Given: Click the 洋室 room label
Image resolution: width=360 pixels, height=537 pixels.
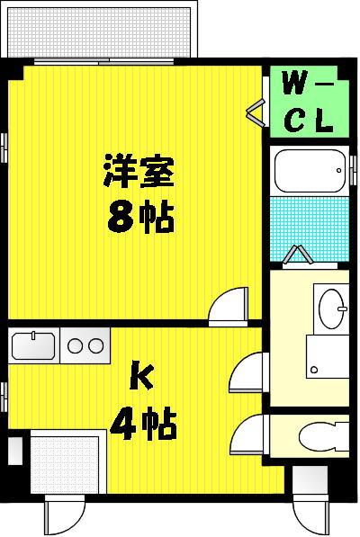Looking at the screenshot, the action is point(139,171).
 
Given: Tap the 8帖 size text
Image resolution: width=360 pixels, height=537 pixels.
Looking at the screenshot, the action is point(140,217).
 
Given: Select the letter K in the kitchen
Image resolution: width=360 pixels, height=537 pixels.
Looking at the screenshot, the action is point(141,378).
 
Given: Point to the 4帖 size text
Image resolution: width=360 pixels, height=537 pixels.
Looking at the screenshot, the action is point(143,424).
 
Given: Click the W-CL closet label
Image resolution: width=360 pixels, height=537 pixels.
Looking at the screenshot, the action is point(308,102).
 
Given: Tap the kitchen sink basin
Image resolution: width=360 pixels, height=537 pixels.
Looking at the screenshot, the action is point(33,345).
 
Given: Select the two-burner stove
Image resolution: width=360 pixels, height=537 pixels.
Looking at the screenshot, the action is point(85,346).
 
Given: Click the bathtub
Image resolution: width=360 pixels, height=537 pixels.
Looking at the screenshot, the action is point(310,171).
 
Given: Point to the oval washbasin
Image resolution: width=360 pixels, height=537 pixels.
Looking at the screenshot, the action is point(331,309).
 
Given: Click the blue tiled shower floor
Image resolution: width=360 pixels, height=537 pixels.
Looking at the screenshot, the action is point(310,228).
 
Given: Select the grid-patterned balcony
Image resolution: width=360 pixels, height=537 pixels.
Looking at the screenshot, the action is point(98,31).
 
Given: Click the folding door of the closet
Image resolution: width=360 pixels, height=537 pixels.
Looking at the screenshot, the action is point(256,112).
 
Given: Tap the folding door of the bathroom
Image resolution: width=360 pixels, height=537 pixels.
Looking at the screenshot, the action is point(297,255).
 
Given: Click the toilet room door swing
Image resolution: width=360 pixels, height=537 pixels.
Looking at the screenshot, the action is point(248,434).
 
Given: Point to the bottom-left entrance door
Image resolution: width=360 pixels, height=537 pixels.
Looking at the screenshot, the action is point(65,515).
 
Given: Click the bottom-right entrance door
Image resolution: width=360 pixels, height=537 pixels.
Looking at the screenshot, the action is point(311,515).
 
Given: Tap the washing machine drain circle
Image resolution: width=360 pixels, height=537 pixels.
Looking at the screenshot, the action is point(313,370).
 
